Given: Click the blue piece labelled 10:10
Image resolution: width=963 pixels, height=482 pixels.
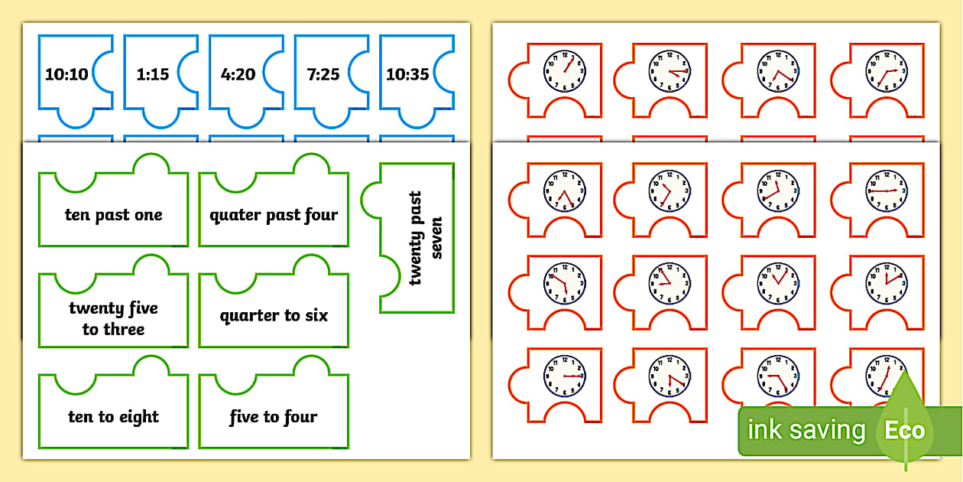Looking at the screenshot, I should coord(66,74).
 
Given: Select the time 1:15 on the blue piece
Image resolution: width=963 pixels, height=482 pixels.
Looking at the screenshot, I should coord(153,74).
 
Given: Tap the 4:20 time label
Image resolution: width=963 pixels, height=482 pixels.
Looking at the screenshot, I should coord(238,74).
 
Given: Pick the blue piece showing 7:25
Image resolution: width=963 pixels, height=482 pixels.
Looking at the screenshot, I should coord(323,74).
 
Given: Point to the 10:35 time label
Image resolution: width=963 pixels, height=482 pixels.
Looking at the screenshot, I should coord(407,74).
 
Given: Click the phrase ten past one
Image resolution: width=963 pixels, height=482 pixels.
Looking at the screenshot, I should coord(113,215).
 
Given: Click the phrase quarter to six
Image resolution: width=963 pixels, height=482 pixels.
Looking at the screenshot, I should coord(274,315).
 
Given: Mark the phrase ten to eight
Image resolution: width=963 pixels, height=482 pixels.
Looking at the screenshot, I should coord(113,417).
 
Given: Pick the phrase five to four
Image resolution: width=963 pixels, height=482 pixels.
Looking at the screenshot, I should coord(274,417).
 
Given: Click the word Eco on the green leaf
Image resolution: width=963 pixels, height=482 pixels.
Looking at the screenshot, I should coord(905,430).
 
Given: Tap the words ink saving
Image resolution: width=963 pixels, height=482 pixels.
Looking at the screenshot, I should coord(806,430).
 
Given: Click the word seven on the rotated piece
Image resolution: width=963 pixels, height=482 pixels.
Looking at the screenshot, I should coord(436,238).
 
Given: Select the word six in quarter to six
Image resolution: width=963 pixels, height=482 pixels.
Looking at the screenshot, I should coord(316,315).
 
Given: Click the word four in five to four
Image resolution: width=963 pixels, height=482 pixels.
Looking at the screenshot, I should coord(300,417).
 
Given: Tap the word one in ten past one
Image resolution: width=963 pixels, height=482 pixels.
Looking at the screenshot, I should coord(149,215).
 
